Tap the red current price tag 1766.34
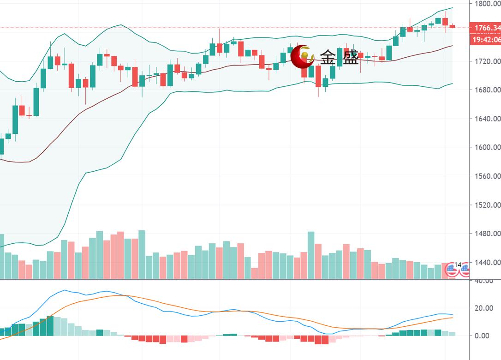485,28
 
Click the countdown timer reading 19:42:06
485,40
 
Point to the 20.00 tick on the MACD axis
485,308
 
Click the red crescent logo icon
303,57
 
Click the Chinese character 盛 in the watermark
350,58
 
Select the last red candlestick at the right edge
452,26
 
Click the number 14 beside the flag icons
458,265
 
